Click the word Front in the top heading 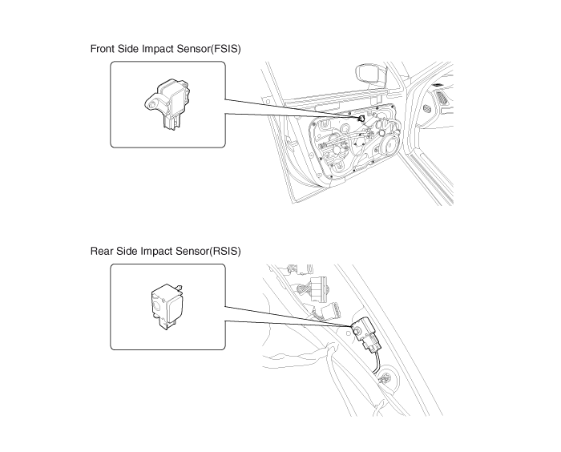tap(103, 49)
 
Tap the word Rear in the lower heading tap(102, 251)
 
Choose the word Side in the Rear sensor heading tap(127, 251)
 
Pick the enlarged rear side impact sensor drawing tap(167, 306)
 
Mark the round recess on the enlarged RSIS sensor tap(157, 305)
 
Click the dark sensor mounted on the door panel tap(361, 119)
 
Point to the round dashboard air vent tap(427, 108)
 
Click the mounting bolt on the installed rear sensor tap(357, 331)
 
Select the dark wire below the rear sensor tap(376, 362)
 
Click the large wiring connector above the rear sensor tap(319, 289)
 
